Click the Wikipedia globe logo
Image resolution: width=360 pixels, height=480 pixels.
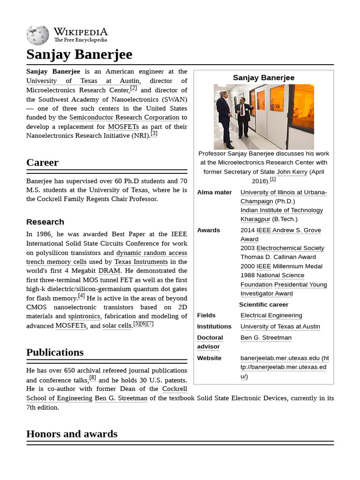pos(37,35)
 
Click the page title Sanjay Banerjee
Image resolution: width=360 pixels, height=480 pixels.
pos(79,54)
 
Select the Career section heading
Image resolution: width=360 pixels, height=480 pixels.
pos(42,163)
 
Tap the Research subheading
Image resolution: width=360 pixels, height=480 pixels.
pos(45,222)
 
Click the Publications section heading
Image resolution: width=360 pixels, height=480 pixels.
pos(55,352)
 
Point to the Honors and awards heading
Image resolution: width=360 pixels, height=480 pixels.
pos(72,434)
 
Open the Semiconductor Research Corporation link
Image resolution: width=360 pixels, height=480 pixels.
pos(124,117)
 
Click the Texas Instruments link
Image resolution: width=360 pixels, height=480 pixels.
pos(141,262)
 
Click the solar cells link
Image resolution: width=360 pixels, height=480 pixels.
pos(117,326)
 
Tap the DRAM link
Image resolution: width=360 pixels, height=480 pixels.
pos(109,271)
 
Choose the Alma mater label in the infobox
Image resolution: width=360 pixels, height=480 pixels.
pos(214,192)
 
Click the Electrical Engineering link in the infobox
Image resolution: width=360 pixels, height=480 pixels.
pos(271,315)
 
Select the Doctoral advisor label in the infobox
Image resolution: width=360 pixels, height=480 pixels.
pos(210,342)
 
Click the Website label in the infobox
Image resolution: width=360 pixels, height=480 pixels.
pos(209,358)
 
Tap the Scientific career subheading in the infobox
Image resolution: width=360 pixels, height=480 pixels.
pos(263,304)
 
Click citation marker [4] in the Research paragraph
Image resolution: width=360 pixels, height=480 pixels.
pos(82,296)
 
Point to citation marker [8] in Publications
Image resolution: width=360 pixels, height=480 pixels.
pos(92,378)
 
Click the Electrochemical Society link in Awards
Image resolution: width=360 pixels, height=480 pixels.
pos(290,248)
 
